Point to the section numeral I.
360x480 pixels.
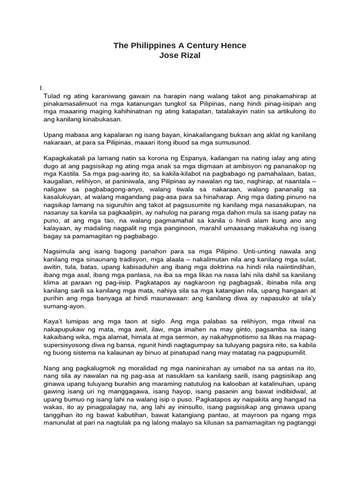click(42, 88)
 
